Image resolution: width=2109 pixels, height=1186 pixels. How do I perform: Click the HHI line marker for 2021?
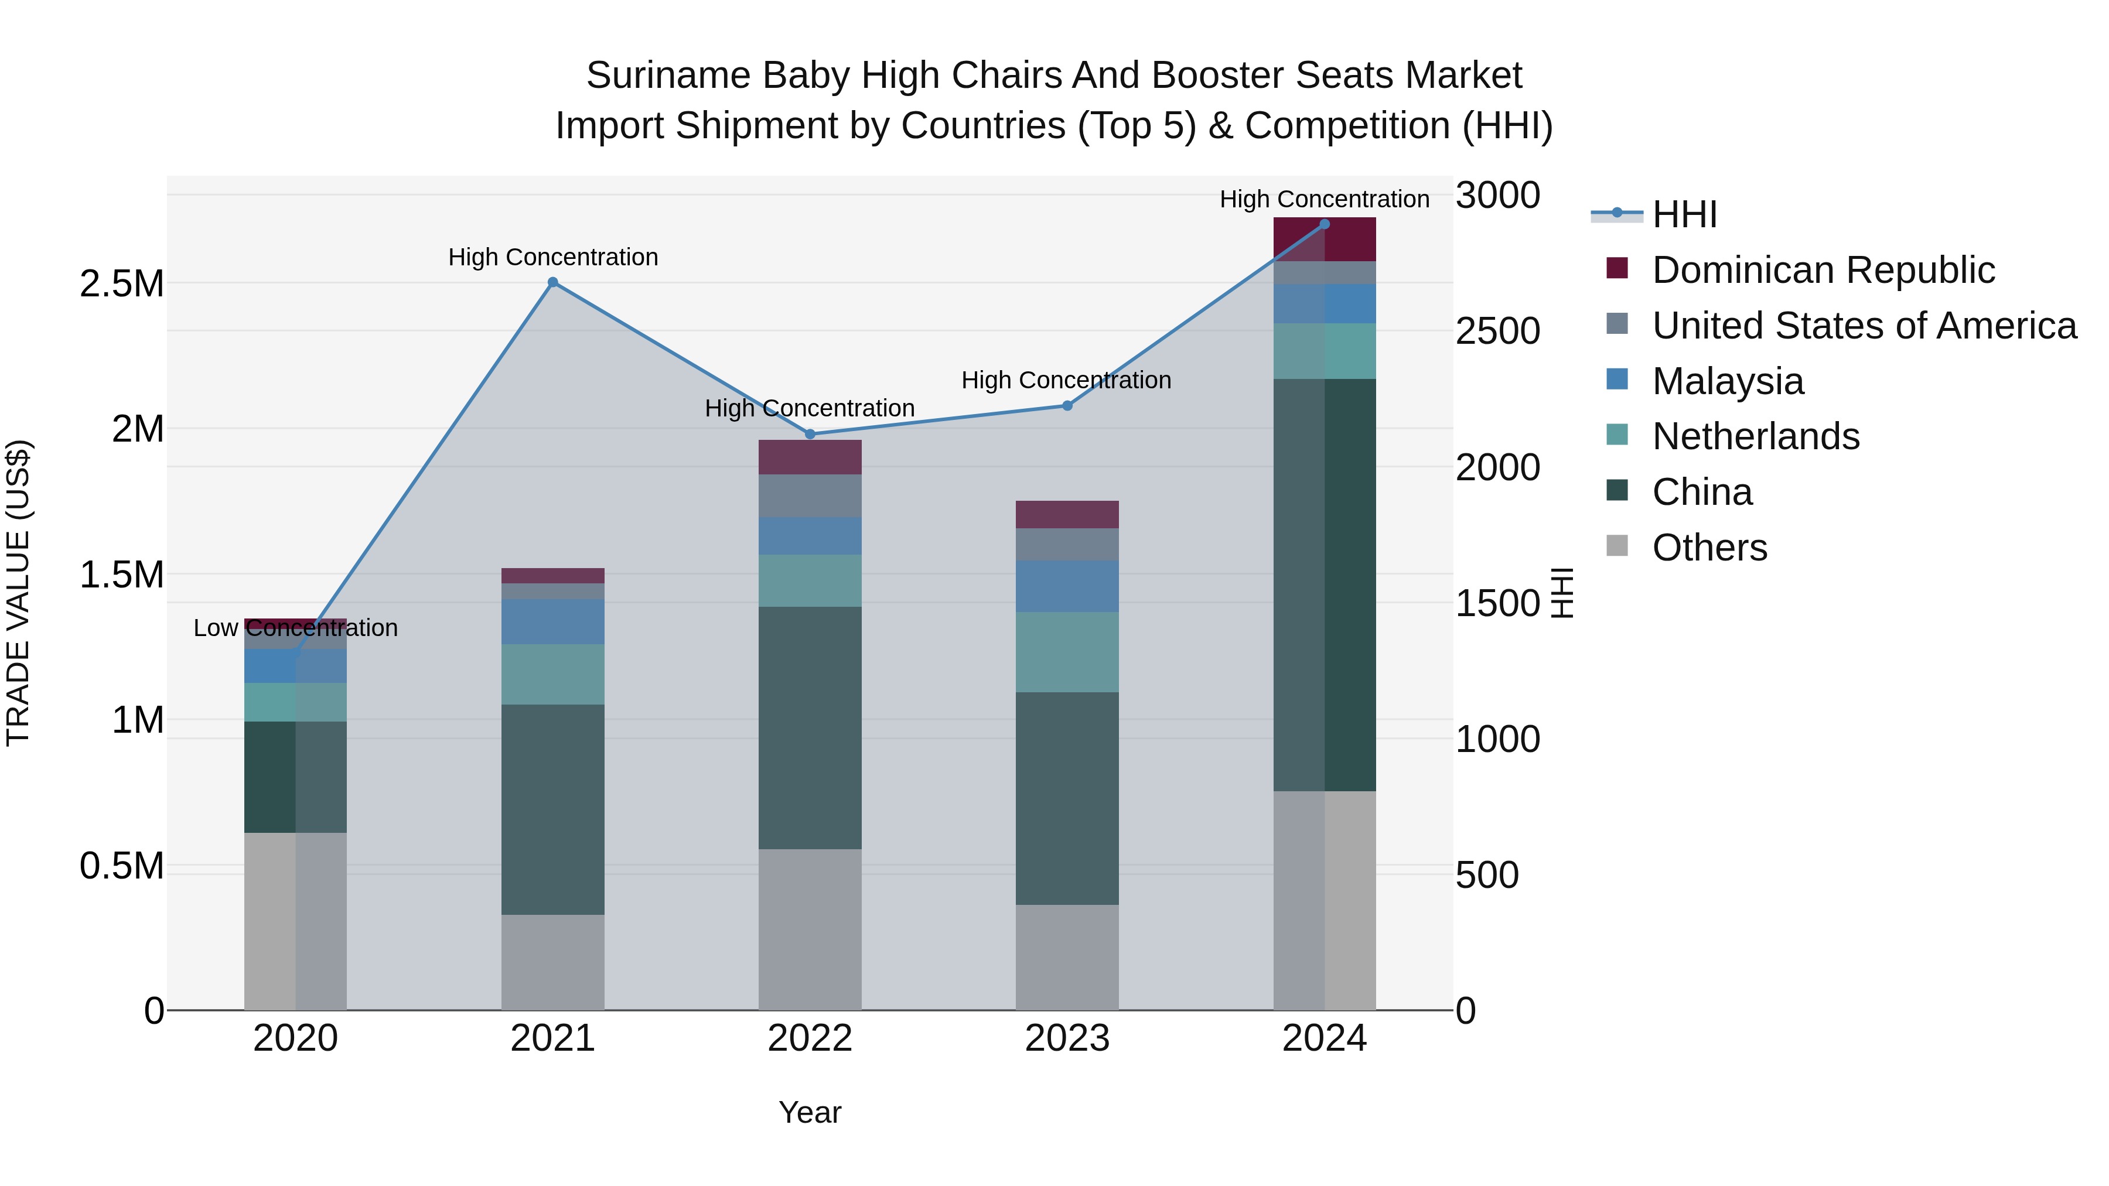click(x=552, y=282)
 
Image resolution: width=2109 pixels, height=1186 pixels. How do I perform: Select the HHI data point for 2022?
click(x=810, y=435)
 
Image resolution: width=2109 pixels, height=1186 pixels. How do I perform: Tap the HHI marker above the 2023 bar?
click(x=1067, y=406)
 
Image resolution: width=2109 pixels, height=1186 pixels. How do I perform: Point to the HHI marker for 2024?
click(x=1325, y=224)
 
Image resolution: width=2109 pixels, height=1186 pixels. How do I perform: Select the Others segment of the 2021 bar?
click(x=552, y=962)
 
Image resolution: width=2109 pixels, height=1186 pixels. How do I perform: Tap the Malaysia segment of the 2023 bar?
click(x=1067, y=586)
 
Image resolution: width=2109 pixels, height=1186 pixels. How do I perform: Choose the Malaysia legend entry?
click(x=1728, y=381)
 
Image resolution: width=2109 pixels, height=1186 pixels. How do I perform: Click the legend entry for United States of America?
click(x=1864, y=326)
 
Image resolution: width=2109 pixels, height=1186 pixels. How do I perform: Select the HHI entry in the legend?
click(x=1684, y=214)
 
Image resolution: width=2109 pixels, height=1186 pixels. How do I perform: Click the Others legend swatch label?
click(x=1709, y=548)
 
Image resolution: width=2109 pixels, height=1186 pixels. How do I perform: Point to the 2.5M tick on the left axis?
click(x=122, y=284)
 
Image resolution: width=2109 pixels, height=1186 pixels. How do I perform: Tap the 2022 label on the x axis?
click(x=810, y=1038)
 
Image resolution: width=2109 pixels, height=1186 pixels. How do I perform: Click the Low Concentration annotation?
click(x=296, y=628)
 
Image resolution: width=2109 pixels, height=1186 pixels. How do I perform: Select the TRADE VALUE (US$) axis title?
click(x=18, y=593)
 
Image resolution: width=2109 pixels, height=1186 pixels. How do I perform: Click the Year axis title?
click(x=810, y=1112)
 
